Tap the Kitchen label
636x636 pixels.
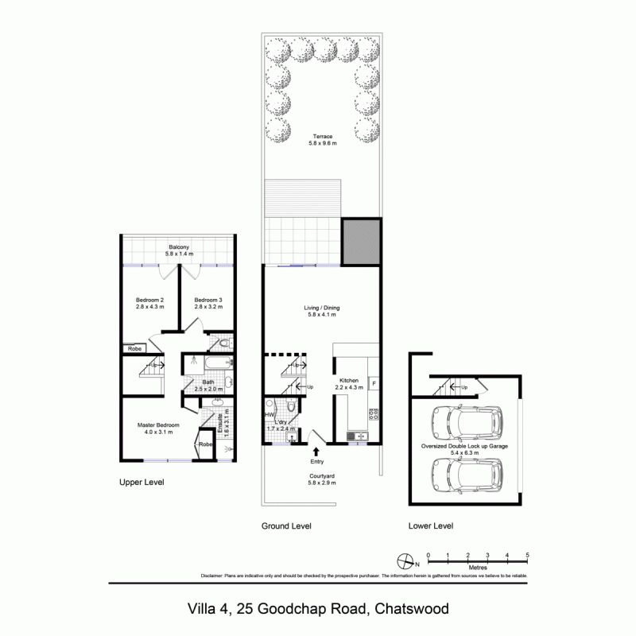[351, 382]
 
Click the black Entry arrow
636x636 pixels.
[316, 452]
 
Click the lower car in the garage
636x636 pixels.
[465, 475]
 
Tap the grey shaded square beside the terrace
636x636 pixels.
[361, 242]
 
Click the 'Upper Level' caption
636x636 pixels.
[141, 483]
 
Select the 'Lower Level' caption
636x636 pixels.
[430, 526]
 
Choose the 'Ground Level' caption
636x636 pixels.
[286, 526]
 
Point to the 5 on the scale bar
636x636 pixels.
[527, 555]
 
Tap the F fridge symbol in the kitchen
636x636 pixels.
[374, 384]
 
